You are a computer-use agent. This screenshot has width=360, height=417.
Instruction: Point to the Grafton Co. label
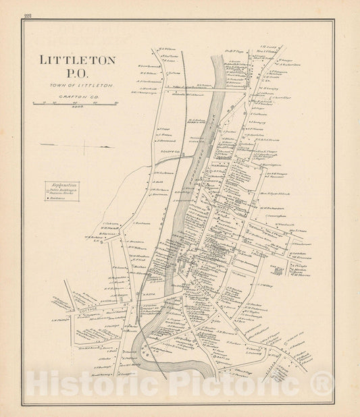point(76,96)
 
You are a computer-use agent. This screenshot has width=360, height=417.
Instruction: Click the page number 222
point(26,16)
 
